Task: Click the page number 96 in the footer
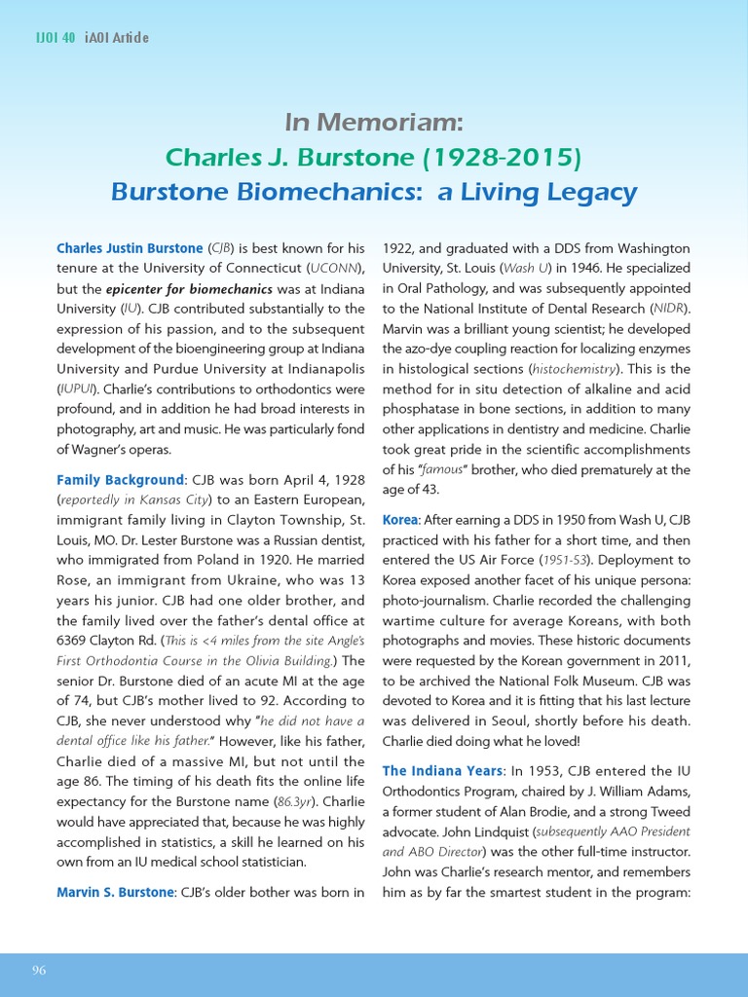click(39, 970)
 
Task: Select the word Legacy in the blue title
click(590, 192)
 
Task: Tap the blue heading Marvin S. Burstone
click(114, 891)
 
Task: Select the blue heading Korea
click(399, 521)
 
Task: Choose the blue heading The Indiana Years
click(442, 770)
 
